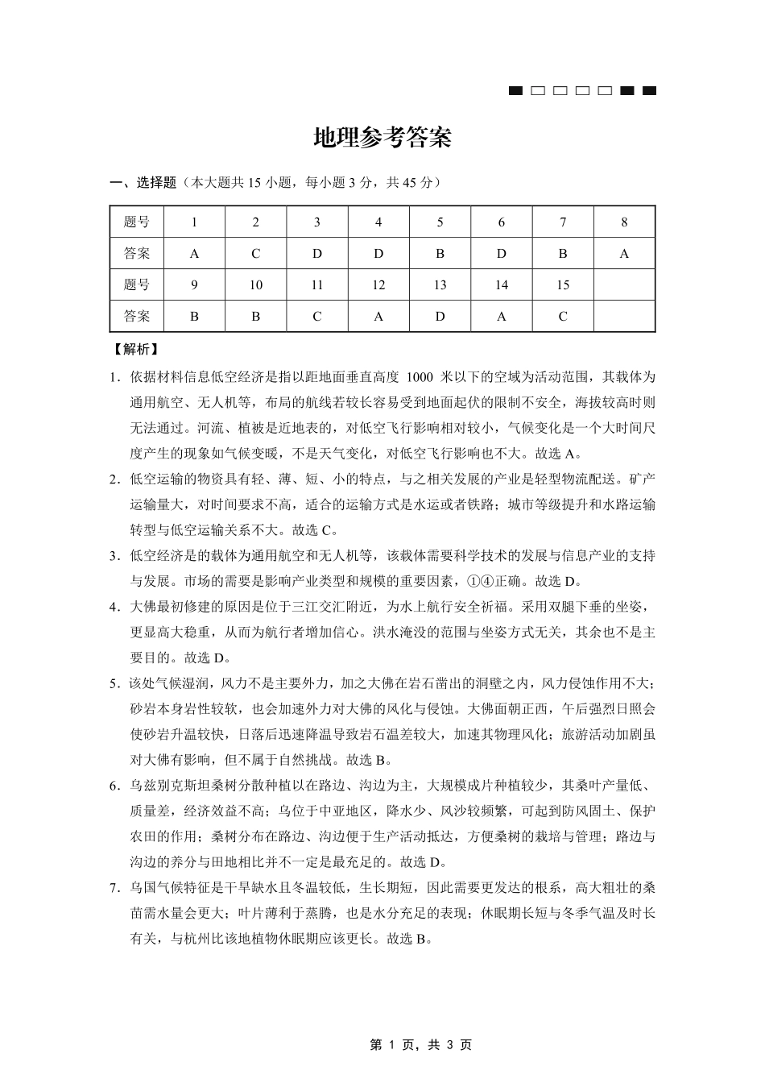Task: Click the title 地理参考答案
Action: coord(382,138)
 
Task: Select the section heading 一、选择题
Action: coord(143,183)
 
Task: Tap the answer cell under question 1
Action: coord(194,254)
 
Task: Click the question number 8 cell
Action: coord(624,222)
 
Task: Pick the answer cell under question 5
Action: coord(440,254)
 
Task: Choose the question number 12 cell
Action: coord(378,285)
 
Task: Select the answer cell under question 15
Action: coord(563,317)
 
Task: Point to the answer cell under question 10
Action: coord(255,317)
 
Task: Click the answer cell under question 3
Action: coord(317,254)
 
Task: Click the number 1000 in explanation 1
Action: coord(425,376)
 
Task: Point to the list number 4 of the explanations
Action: coord(114,607)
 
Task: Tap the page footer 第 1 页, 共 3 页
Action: coord(420,1044)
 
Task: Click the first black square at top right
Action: coord(516,90)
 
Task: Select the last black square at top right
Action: coord(649,90)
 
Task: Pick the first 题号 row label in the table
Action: coord(137,222)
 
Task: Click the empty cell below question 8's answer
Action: coord(624,317)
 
